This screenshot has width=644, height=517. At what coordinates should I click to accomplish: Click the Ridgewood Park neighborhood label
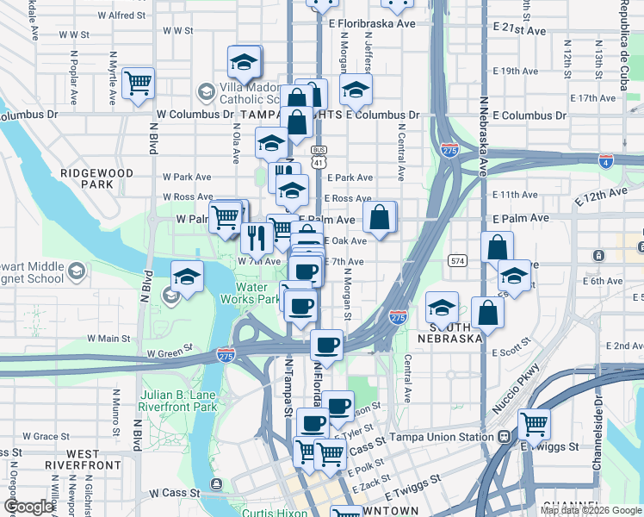97,178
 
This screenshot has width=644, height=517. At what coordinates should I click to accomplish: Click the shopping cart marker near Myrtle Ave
138,84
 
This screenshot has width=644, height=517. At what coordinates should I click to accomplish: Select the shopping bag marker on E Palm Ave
379,218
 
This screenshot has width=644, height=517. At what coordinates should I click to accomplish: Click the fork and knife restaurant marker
257,236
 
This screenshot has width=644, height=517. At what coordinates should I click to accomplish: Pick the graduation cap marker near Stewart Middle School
187,277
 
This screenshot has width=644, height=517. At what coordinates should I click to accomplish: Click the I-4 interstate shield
606,159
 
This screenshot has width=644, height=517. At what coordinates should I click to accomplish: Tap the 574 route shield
458,259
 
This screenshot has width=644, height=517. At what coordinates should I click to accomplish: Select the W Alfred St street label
123,15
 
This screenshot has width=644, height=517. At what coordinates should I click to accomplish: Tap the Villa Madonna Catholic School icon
206,90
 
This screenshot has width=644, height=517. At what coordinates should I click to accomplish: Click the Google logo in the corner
29,507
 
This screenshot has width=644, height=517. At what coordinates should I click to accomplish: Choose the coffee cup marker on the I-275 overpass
326,346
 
